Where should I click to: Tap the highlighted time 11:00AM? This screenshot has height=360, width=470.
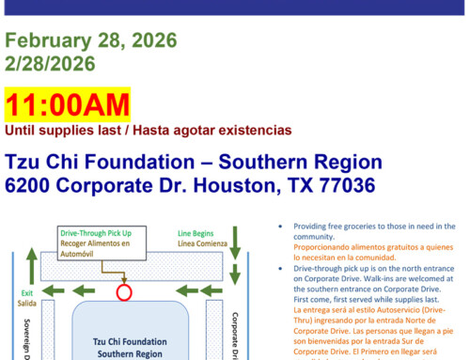68,105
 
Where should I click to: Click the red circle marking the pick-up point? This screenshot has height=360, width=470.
123,292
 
